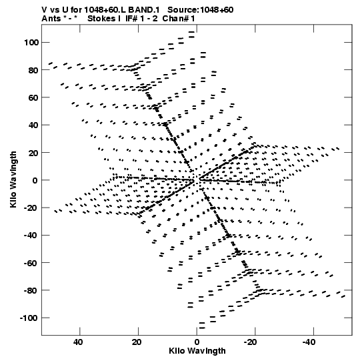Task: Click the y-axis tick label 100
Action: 31,42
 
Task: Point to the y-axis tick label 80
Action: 33,70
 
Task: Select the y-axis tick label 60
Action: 33,97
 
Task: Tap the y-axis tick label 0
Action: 35,180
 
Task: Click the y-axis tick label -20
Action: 31,208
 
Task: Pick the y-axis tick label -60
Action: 31,263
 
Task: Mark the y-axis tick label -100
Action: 29,318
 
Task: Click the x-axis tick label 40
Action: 78,342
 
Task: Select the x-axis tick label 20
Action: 137,342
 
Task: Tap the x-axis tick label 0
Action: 197,342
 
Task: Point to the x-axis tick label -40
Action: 309,342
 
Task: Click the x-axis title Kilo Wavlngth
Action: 197,351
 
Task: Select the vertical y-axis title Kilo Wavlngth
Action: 13,179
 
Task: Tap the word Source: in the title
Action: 183,10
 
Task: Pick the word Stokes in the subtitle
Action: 101,19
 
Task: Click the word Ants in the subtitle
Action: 51,19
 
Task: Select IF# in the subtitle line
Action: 131,19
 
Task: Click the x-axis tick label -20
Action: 250,342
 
